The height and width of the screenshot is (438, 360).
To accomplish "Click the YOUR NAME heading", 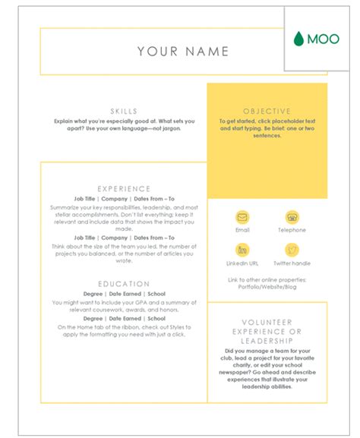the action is [183, 52].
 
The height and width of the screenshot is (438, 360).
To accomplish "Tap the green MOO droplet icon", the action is [298, 39].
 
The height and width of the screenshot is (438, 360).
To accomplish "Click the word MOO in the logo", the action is [323, 39].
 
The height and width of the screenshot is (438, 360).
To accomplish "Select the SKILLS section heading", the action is [124, 112].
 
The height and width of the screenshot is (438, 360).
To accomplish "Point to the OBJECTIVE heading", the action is [267, 112].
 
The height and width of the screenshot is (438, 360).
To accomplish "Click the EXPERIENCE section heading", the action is [124, 189].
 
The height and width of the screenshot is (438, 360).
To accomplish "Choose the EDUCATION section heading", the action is [124, 285].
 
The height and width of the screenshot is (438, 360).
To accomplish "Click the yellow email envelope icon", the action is [242, 217].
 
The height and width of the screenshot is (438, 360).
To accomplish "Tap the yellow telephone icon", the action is [292, 217].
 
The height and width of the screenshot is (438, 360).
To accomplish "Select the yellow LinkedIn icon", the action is [242, 250].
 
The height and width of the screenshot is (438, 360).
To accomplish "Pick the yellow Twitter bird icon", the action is [292, 250].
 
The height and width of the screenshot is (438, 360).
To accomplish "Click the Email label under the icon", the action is [242, 230].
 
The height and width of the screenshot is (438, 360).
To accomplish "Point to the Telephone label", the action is [292, 230].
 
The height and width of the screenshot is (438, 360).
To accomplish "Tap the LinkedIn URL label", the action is [242, 263].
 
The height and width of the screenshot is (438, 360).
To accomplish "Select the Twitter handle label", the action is [292, 263].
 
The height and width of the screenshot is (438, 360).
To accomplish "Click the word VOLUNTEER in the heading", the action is [267, 322].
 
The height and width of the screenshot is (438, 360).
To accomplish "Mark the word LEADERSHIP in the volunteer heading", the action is [267, 341].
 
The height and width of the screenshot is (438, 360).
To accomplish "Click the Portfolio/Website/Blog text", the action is [267, 288].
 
